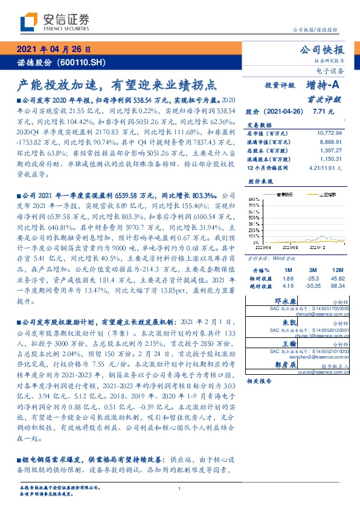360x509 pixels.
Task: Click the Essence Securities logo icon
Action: [28, 23]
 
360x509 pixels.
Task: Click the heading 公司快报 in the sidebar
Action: [326, 50]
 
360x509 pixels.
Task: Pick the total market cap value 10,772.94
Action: [330, 132]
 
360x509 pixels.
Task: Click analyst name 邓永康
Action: [284, 300]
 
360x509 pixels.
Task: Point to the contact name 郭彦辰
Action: [284, 365]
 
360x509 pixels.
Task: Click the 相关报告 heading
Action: [259, 381]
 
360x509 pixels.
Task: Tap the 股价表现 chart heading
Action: [260, 181]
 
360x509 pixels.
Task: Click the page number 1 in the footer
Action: [180, 488]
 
